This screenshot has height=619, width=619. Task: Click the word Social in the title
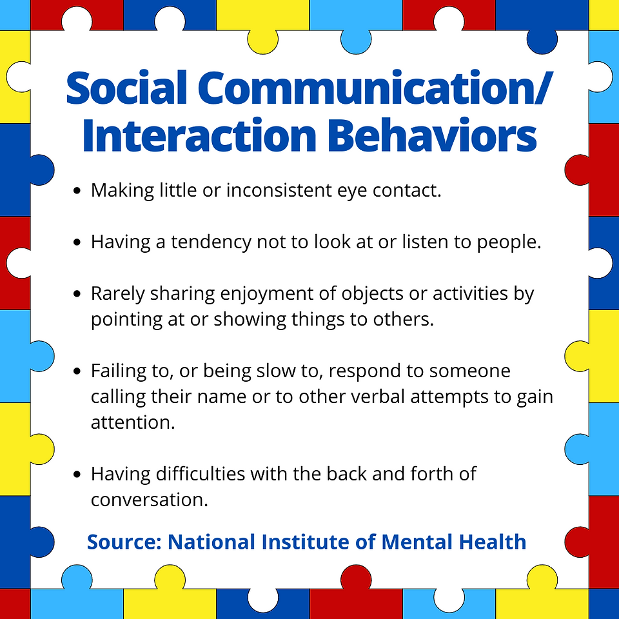[x=126, y=88]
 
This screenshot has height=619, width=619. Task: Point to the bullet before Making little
[x=77, y=191]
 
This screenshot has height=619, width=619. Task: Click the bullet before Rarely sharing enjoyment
[x=77, y=294]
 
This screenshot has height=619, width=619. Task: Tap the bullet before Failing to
[x=77, y=371]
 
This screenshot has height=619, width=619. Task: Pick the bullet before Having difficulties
[x=77, y=474]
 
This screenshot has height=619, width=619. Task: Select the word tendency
[x=211, y=242]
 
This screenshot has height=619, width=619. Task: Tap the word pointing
[x=127, y=320]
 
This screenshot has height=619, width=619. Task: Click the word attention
[x=133, y=422]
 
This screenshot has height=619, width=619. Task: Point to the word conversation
[x=149, y=500]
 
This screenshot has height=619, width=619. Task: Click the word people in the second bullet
[x=509, y=242]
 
